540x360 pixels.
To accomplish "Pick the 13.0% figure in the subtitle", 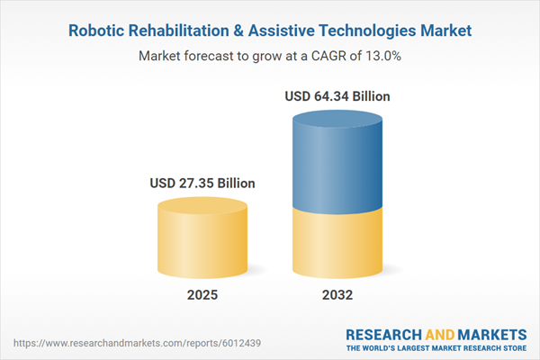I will (x=380, y=56).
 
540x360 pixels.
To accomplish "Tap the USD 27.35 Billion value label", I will (x=202, y=183).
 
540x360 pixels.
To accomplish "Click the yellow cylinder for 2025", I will (x=202, y=238).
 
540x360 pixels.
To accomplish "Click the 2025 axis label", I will (x=202, y=295).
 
